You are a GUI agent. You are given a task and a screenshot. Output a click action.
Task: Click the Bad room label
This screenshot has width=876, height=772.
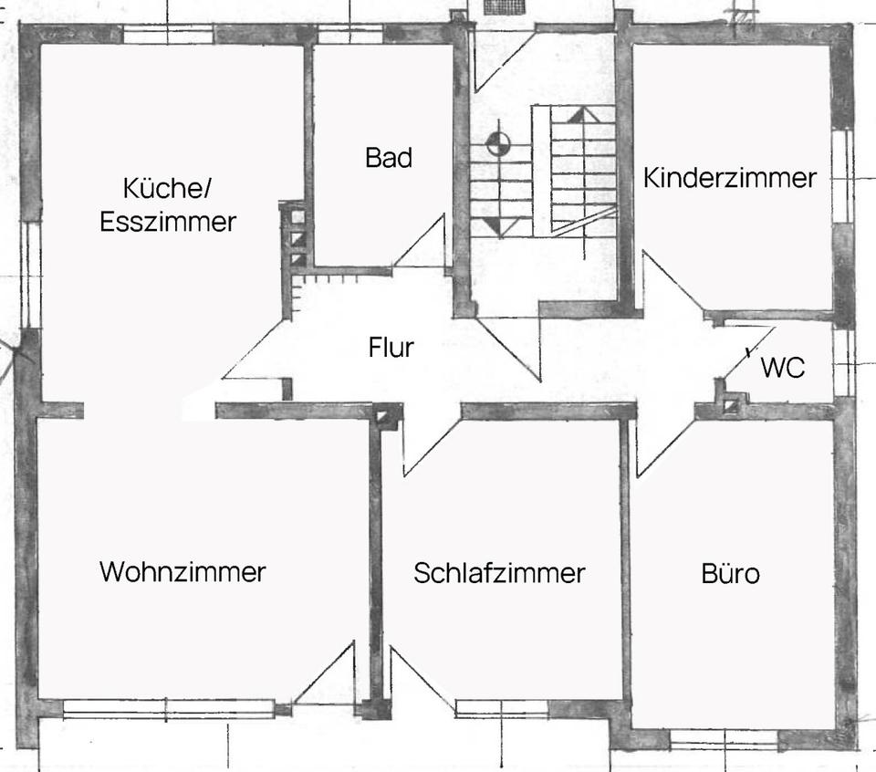click(389, 157)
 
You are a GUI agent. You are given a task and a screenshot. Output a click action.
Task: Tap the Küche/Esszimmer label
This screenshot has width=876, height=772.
click(168, 205)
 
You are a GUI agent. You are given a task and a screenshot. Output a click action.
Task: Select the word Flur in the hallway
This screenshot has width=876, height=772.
click(391, 348)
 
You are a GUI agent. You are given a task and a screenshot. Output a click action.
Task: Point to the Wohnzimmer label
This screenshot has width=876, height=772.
click(182, 572)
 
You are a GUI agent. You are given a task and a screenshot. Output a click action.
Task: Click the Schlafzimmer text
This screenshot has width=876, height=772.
click(499, 573)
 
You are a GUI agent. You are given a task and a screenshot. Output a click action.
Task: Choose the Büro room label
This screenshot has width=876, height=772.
click(730, 575)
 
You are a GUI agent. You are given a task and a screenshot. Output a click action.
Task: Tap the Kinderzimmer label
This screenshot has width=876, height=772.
click(729, 177)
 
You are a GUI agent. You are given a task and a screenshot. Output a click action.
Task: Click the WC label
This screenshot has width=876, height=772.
click(782, 369)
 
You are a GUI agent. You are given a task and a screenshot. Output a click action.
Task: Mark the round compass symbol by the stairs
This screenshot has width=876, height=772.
click(497, 142)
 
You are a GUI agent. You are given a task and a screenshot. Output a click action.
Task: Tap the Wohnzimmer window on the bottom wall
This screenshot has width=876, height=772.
click(169, 704)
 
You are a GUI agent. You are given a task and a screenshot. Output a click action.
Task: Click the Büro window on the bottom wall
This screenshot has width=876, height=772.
click(724, 735)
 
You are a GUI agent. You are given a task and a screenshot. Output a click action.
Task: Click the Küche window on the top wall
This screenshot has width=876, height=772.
click(168, 35)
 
